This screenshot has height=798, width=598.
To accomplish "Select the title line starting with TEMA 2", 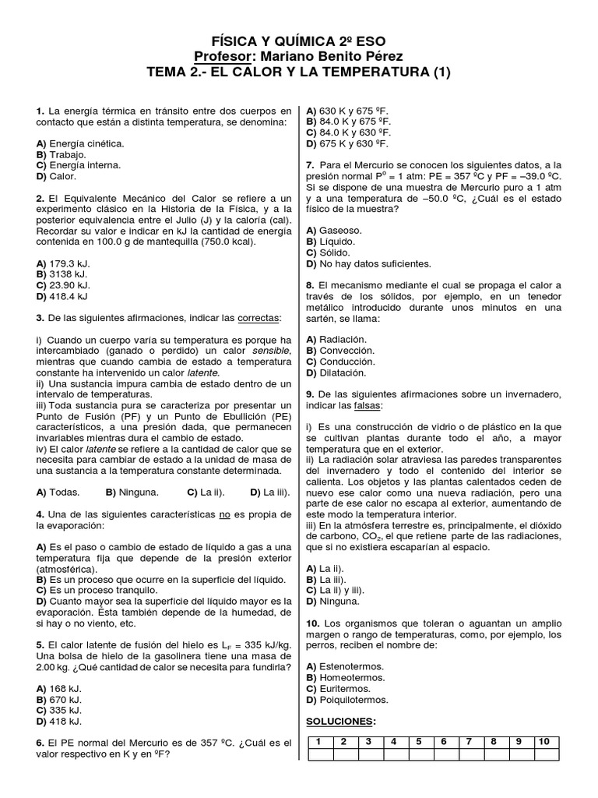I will (x=298, y=72).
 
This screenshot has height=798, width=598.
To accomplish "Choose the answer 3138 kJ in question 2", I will (x=62, y=274).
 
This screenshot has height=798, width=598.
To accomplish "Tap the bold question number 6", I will (x=40, y=743).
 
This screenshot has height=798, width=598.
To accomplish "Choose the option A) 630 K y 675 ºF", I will (x=349, y=111).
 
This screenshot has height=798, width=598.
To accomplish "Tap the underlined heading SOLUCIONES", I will (x=341, y=720).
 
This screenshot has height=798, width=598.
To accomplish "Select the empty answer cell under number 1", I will (x=321, y=754).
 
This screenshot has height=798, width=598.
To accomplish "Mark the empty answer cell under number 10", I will (x=545, y=754).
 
